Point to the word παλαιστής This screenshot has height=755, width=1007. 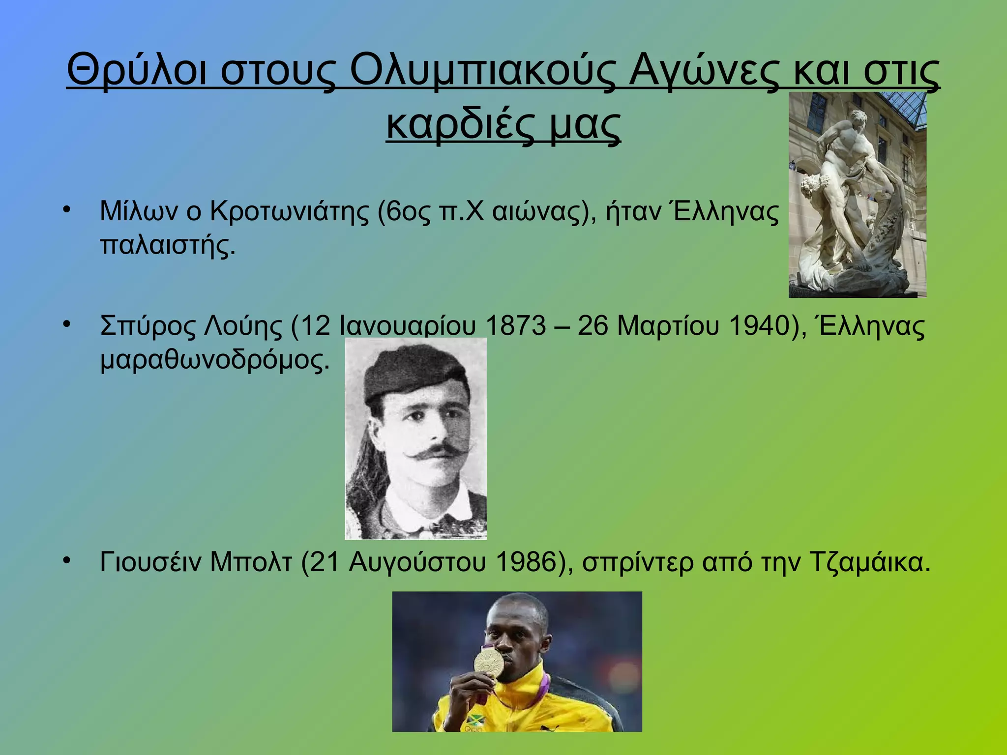(x=167, y=245)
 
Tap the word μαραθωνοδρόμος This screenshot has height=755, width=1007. (x=214, y=360)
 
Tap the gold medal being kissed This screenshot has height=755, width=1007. (x=489, y=662)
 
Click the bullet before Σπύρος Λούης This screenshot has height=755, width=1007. (x=67, y=324)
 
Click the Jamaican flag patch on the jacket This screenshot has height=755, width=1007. (x=475, y=721)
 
